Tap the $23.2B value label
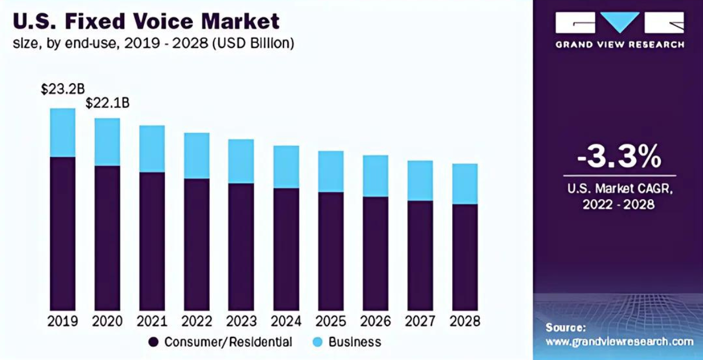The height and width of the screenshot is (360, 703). click(x=63, y=89)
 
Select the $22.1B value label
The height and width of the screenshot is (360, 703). click(x=107, y=103)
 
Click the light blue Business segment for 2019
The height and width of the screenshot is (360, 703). click(x=62, y=132)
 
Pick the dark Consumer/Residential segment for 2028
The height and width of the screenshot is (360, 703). click(x=465, y=256)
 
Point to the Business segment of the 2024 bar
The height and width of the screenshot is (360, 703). click(x=286, y=166)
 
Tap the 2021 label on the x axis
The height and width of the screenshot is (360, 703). click(x=152, y=321)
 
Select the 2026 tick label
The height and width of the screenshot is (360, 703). click(x=375, y=321)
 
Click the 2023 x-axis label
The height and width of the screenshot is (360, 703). click(x=241, y=321)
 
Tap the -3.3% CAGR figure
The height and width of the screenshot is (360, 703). click(x=619, y=158)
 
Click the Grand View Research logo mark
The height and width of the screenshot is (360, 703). click(x=619, y=23)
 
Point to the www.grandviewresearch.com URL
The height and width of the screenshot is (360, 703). click(x=619, y=341)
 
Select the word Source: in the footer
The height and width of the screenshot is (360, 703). click(x=565, y=327)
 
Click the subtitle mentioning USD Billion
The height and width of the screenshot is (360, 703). click(x=153, y=43)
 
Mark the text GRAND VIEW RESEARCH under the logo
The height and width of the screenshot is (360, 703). click(x=619, y=44)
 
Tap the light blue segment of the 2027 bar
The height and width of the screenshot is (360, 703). click(x=420, y=180)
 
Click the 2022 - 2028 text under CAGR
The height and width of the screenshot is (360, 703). click(x=619, y=204)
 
